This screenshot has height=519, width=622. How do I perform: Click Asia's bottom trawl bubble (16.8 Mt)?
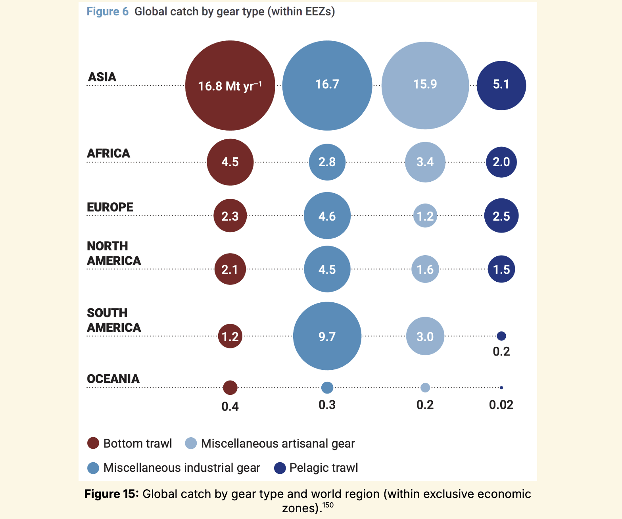click(x=230, y=85)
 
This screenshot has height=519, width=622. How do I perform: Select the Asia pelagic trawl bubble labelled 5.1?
click(x=501, y=85)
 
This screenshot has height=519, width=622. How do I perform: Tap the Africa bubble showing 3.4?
click(x=425, y=162)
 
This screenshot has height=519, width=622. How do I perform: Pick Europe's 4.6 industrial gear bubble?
click(x=327, y=215)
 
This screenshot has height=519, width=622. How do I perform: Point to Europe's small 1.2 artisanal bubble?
click(x=425, y=216)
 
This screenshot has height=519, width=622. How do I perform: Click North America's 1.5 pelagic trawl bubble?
click(x=501, y=269)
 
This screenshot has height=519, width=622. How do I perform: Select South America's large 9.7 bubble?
click(x=327, y=336)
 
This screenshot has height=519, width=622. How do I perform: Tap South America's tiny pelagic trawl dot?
click(x=501, y=336)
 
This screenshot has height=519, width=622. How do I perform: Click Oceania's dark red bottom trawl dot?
click(x=230, y=387)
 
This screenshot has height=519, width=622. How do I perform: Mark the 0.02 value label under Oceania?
click(x=501, y=405)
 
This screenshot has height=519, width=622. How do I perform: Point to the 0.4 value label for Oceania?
click(x=230, y=406)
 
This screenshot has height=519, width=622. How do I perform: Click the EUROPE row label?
click(x=110, y=207)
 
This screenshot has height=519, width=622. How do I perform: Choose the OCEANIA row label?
click(x=113, y=379)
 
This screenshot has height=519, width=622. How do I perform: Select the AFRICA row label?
click(x=108, y=153)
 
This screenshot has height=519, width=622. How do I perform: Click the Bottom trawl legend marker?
click(x=93, y=443)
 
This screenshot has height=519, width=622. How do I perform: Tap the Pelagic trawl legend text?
click(x=324, y=468)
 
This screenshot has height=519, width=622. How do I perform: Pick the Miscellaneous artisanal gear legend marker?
click(x=191, y=443)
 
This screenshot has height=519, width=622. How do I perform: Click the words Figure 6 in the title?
click(x=108, y=12)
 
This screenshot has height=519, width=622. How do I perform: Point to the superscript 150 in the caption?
click(x=328, y=505)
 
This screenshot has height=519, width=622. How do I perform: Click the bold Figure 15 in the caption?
click(x=111, y=494)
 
